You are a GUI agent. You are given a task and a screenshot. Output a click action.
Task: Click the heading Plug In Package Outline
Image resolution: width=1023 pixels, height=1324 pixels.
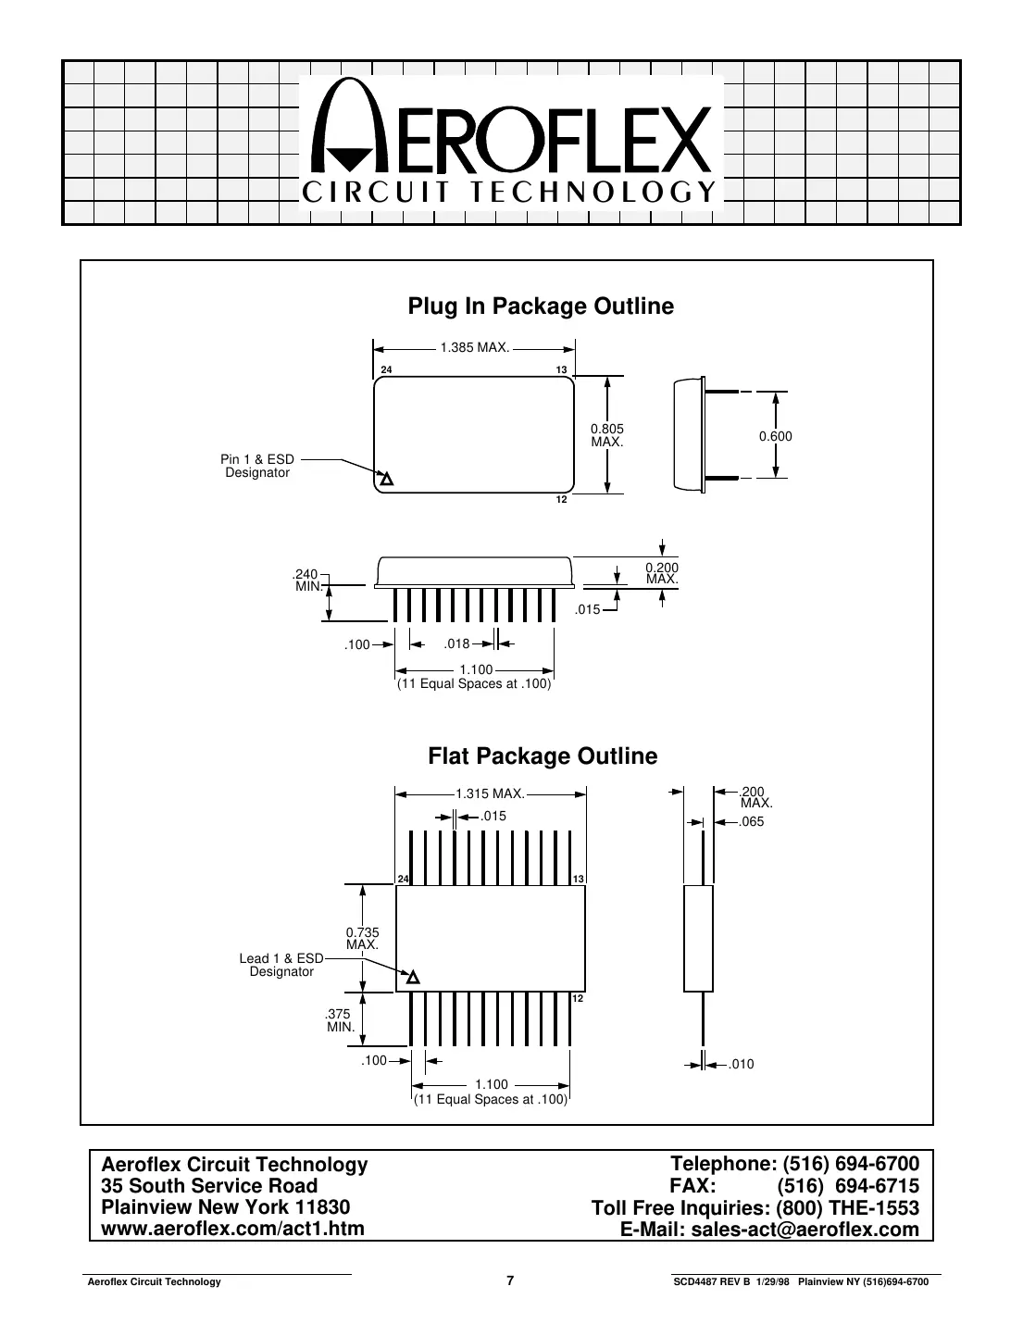coord(541,306)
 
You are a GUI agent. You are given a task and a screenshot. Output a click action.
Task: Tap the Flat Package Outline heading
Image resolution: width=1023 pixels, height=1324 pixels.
coord(543,756)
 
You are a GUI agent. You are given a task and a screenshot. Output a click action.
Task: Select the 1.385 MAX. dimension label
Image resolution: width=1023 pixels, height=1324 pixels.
coord(474,348)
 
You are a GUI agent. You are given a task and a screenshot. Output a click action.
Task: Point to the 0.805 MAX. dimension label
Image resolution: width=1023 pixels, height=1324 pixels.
coord(607,435)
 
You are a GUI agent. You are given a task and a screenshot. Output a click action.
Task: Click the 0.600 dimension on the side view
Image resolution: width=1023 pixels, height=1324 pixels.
coord(776,436)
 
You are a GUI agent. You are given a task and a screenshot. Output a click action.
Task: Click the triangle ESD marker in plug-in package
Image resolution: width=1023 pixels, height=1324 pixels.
coord(387,480)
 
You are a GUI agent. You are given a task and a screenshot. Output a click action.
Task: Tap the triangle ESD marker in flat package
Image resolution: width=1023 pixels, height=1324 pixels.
coord(413,978)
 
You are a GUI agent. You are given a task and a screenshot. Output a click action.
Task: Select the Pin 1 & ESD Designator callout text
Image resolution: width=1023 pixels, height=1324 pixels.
coord(257,467)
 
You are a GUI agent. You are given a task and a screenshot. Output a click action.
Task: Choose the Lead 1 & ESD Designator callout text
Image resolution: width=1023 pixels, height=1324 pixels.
coord(281,966)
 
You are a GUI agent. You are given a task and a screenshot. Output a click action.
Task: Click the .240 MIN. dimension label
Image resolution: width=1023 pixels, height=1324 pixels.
coord(306,580)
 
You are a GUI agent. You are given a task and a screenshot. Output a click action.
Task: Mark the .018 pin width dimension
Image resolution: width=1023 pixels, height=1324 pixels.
coord(456,643)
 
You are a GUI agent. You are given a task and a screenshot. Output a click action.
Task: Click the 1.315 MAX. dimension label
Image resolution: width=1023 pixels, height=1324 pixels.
coord(490,793)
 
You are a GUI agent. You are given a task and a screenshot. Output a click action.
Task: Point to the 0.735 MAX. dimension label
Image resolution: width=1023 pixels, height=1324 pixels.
coord(362,939)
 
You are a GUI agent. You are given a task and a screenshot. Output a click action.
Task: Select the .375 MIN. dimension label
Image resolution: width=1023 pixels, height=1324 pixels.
coord(341,1020)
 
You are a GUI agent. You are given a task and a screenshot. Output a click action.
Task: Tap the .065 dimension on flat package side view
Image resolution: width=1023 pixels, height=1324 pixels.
coord(752,821)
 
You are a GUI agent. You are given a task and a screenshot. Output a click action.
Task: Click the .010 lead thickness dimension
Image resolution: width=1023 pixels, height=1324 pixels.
coord(742,1065)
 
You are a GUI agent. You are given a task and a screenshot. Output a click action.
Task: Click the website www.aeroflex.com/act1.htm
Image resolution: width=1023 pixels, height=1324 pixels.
coord(232,1229)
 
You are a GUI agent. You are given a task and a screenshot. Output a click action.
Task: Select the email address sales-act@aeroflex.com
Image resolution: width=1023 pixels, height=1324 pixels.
coord(803,1230)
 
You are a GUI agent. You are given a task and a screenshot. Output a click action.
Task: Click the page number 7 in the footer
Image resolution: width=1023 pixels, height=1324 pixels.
coord(510,1281)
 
